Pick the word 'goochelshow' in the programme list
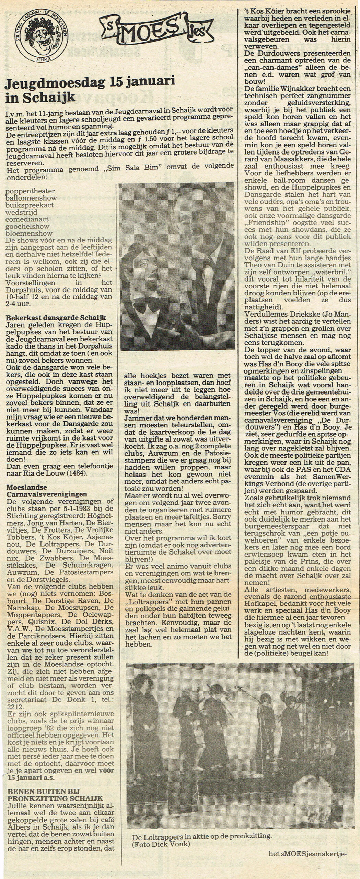[27, 226]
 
